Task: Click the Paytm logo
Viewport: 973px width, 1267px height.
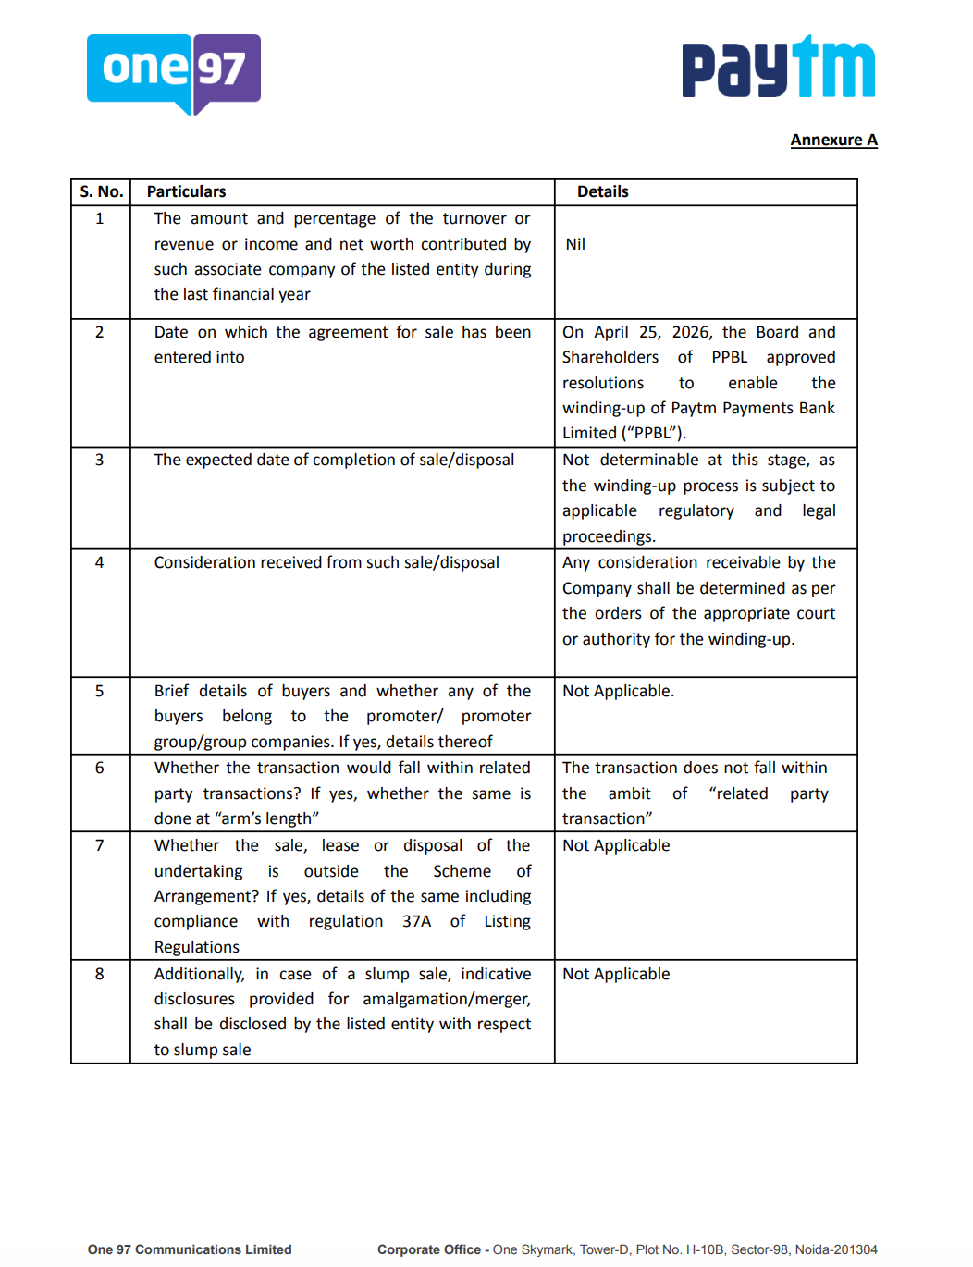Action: click(x=778, y=68)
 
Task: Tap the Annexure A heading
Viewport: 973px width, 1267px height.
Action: click(x=833, y=140)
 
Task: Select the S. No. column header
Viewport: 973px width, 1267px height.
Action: click(x=101, y=191)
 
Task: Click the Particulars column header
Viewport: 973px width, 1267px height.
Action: click(x=186, y=191)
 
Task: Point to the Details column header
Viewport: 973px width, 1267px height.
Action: click(x=602, y=191)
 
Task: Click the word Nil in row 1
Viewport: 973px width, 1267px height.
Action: click(x=575, y=244)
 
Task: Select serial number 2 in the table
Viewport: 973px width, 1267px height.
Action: click(x=100, y=332)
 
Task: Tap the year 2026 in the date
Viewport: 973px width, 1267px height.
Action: click(x=691, y=332)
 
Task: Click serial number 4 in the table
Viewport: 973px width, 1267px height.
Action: click(x=100, y=562)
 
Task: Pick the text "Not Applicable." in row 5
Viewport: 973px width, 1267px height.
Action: click(x=618, y=691)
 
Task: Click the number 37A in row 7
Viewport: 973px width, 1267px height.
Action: click(x=416, y=921)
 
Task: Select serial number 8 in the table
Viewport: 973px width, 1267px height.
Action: click(x=100, y=974)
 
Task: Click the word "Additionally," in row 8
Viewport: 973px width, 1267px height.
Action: click(x=199, y=974)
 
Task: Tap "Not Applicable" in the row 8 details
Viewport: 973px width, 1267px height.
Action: click(x=616, y=974)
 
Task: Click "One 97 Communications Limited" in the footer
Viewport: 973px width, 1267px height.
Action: click(x=190, y=1249)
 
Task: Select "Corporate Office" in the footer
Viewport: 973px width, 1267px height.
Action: click(x=428, y=1249)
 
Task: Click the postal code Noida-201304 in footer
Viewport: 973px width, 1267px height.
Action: click(x=836, y=1249)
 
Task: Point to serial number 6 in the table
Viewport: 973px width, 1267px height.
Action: click(x=100, y=768)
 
